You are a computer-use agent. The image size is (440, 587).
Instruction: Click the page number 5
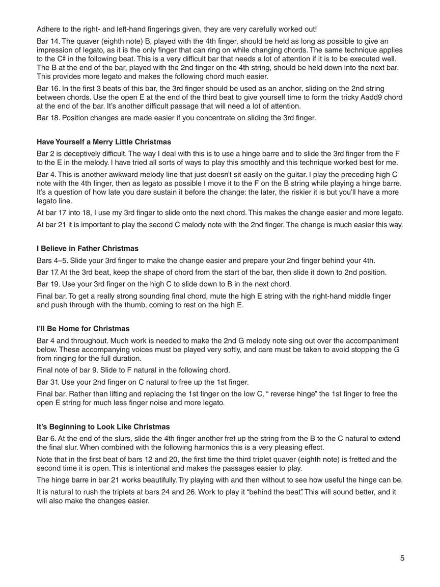(x=402, y=558)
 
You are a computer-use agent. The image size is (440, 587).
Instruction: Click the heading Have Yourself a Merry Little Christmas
(x=104, y=142)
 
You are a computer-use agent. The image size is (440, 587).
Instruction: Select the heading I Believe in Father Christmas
(x=88, y=249)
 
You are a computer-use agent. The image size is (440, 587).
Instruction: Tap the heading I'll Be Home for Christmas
(x=83, y=329)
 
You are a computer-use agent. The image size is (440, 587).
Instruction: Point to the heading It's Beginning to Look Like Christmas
(x=103, y=426)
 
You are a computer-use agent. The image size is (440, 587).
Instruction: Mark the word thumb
(x=150, y=306)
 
